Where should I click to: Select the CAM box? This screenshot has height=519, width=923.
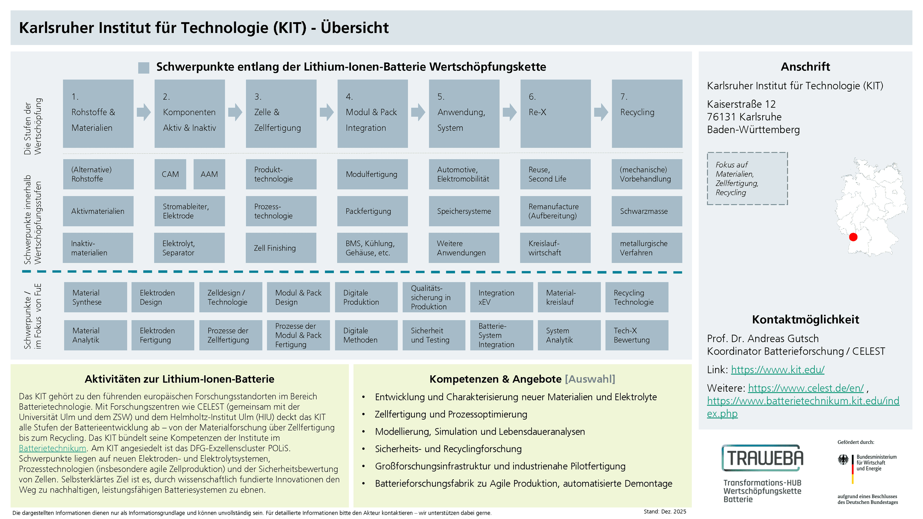coord(170,174)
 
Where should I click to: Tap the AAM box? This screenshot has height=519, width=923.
coord(209,174)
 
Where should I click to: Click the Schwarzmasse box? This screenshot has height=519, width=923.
coord(647,211)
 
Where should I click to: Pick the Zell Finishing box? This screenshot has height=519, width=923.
coord(281,248)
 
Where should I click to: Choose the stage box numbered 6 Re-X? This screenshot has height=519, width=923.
coord(555,114)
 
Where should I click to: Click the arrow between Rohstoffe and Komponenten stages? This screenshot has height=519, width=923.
coord(144,112)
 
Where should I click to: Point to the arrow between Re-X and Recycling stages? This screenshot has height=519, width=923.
coord(601,112)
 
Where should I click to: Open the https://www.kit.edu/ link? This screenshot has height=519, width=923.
coord(778,369)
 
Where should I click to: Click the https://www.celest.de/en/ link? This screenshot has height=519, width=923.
coord(806,388)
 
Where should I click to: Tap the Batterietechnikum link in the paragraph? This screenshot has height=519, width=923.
coord(53,448)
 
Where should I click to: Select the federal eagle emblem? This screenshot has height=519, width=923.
coord(843,460)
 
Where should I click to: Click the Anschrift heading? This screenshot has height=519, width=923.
coord(805,67)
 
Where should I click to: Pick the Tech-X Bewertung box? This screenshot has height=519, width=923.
coord(637,335)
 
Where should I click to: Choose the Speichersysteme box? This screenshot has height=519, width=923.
coord(464,211)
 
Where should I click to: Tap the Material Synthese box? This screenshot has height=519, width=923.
coord(95,297)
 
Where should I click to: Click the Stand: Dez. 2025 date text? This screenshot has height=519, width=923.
coord(665,512)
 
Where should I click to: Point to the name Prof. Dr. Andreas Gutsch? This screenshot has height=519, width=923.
coord(763,339)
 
